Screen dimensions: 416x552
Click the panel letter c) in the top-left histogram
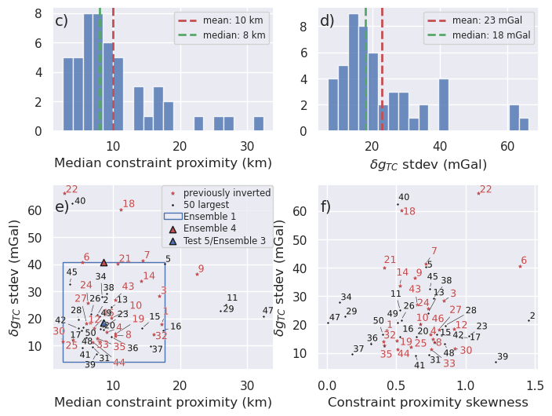pos(61,21)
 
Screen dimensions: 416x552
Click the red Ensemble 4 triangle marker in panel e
pos(103,263)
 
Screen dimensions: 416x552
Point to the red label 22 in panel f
pos(485,190)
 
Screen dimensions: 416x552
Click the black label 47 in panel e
pos(268,311)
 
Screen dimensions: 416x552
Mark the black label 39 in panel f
pos(503,357)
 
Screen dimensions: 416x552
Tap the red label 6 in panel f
pos(524,261)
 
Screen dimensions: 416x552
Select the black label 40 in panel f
pos(404,198)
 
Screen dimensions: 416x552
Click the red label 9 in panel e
pos(201,269)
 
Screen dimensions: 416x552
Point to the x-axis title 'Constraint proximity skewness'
pos(428,403)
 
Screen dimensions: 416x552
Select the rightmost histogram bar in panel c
pos(258,123)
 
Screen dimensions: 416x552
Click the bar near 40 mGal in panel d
pos(444,104)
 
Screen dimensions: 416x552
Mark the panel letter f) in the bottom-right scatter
pos(326,207)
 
